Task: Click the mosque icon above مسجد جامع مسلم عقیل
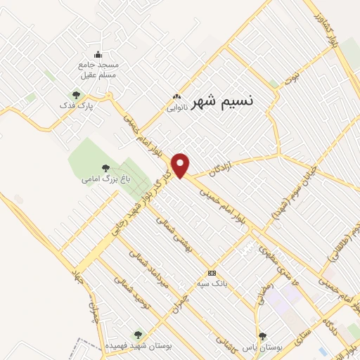(x=98, y=55)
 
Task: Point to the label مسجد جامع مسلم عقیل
(x=98, y=70)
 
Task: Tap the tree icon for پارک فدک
(x=76, y=94)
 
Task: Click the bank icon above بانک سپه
(x=212, y=273)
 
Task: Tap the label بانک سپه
(x=212, y=284)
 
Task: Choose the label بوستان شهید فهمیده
(x=138, y=347)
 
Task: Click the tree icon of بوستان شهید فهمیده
(x=138, y=335)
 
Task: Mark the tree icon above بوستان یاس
(x=262, y=336)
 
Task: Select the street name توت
(x=297, y=72)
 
